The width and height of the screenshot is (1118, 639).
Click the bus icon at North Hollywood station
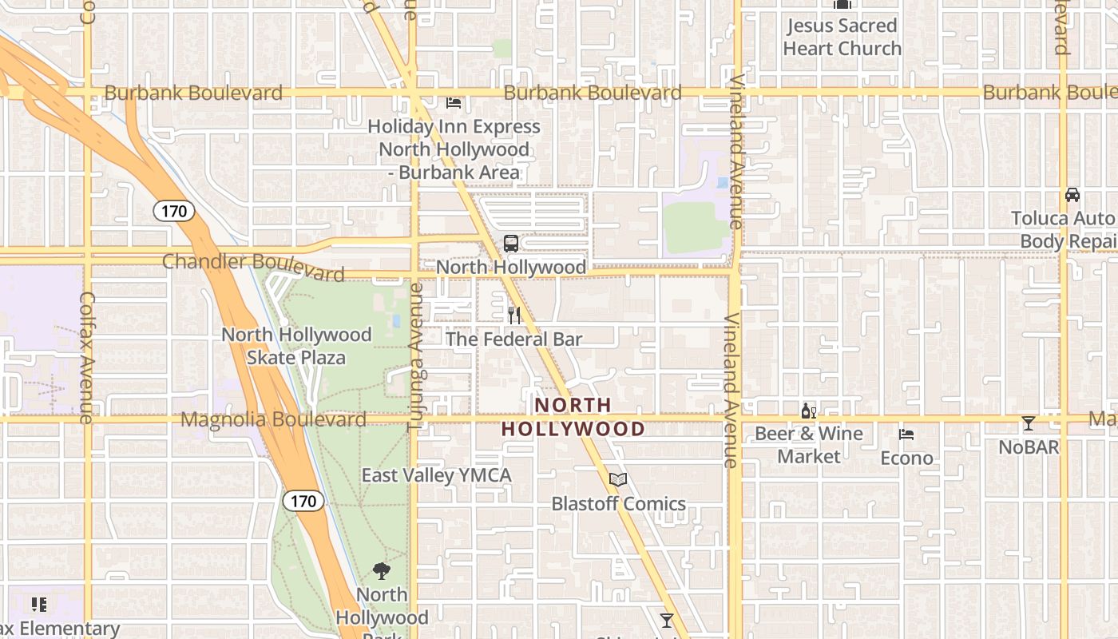pos(510,243)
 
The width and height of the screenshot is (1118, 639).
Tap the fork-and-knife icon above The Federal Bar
pos(514,316)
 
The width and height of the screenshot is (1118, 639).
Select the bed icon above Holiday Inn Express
pos(454,103)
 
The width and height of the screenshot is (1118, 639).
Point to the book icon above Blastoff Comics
pos(617,480)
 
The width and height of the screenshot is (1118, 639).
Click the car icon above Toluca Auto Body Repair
pos(1072,195)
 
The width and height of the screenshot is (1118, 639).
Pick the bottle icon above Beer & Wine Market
pos(808,411)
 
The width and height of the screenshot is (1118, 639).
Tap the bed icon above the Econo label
pos(906,435)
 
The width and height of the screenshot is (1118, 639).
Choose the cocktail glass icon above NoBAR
pos(1029,423)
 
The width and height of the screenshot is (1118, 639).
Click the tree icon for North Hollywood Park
pos(382,571)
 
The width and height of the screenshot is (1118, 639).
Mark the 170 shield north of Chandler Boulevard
pos(173,212)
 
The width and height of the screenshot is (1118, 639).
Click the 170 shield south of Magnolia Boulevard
pos(303,502)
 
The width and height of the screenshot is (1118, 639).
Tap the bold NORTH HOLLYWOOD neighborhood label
pos(573,417)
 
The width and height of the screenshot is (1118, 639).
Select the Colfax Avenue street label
pos(87,356)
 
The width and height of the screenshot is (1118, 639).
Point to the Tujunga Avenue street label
pos(414,357)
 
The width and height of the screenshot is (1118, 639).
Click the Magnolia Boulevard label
pos(273,419)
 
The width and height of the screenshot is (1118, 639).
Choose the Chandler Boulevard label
pos(253,267)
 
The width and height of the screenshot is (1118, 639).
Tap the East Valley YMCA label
pos(436,475)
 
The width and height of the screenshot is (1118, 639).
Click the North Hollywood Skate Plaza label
pos(296,346)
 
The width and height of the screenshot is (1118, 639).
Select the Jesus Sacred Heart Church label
pos(842,37)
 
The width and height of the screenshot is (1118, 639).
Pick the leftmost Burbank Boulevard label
pos(193,93)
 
